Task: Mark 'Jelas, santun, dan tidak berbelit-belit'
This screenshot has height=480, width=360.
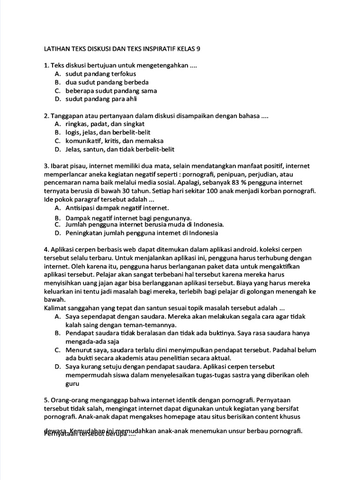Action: (x=120, y=150)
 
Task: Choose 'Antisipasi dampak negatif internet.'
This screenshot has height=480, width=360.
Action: (x=117, y=208)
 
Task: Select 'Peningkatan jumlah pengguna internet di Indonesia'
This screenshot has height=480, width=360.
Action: (x=142, y=232)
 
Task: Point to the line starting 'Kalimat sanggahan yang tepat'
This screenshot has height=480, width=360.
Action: (x=165, y=308)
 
